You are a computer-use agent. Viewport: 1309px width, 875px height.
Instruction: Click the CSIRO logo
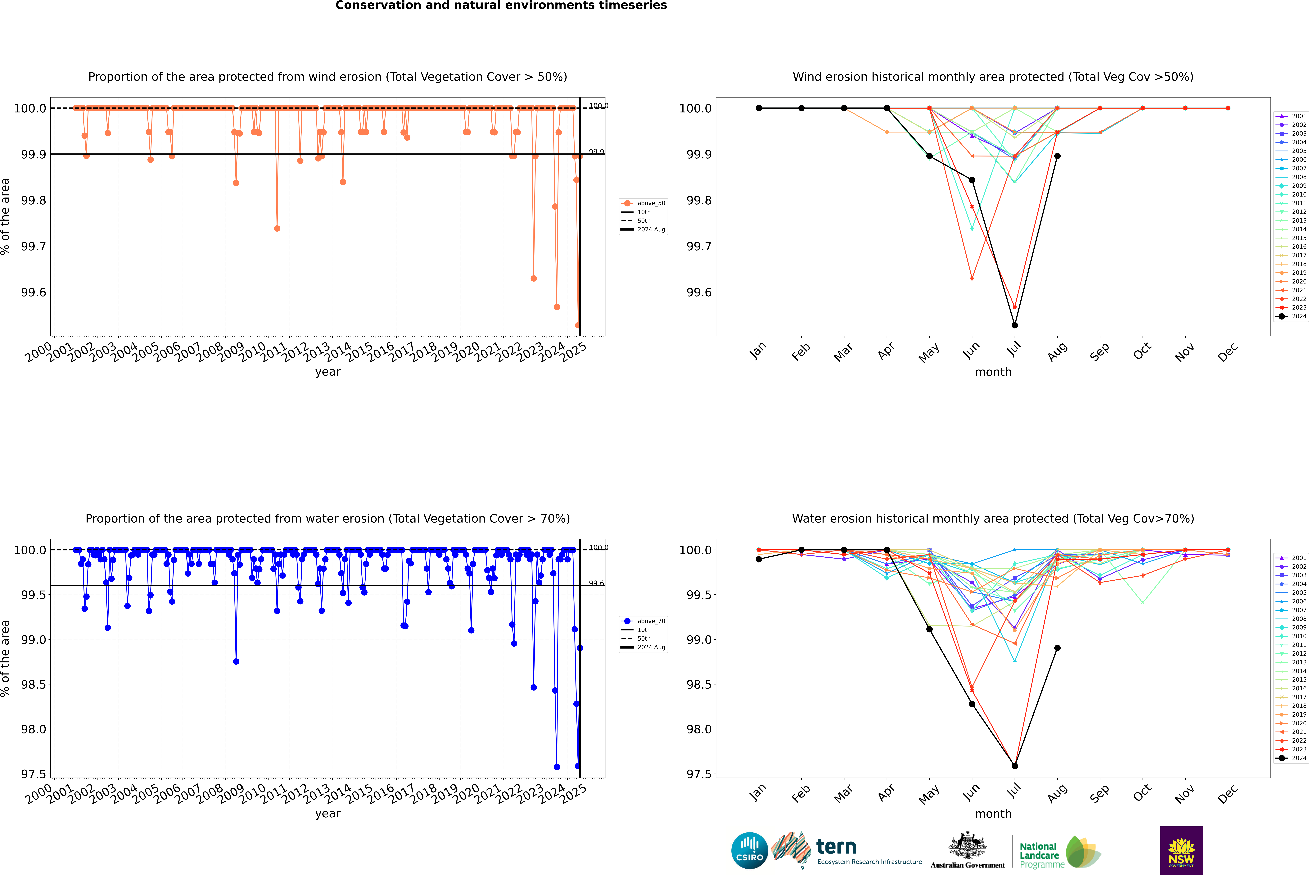click(749, 850)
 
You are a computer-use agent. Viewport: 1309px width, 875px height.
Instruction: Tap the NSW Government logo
click(1181, 850)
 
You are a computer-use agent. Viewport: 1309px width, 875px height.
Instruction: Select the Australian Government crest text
click(968, 865)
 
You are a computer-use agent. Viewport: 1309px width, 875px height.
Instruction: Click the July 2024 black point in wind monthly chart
click(1014, 325)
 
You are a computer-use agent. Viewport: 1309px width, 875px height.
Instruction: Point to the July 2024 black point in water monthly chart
click(1014, 766)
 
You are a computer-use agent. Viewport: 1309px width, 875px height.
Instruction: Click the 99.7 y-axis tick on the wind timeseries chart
click(34, 246)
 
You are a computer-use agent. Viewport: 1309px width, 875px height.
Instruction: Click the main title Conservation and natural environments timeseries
click(501, 6)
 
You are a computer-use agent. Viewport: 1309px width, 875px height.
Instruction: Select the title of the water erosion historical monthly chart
click(993, 518)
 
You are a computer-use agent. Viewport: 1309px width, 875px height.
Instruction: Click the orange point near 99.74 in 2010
click(277, 228)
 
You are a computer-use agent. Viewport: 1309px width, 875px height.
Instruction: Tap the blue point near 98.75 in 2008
click(236, 661)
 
